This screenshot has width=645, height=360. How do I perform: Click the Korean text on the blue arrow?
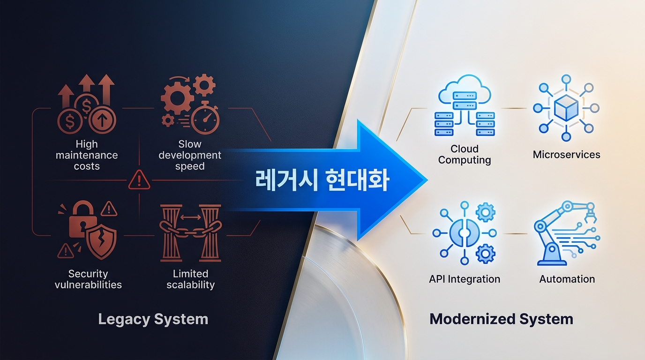[322, 180]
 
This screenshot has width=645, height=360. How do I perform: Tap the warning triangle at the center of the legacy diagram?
[139, 180]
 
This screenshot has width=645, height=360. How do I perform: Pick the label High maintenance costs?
[87, 155]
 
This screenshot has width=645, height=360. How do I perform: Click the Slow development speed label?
[190, 155]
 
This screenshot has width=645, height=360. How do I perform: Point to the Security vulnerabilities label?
[88, 279]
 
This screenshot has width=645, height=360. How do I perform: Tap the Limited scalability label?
[190, 279]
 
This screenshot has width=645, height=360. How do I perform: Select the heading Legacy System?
[153, 319]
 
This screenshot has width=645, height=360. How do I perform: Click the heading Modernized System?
[501, 319]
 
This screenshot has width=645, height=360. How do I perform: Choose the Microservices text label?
[566, 154]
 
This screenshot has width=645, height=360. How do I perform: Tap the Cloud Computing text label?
[465, 154]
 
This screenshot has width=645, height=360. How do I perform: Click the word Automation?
[567, 279]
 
